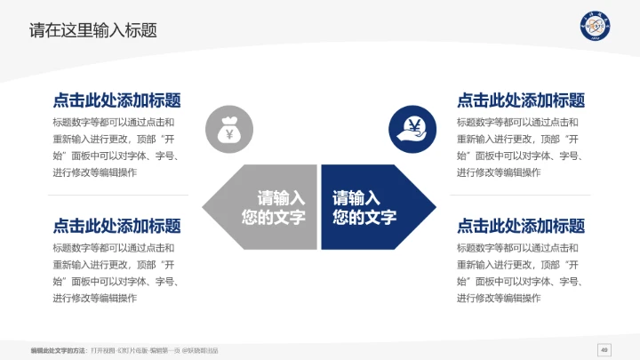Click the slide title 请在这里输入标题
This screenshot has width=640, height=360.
click(x=93, y=30)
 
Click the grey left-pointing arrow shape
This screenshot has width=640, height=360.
click(x=258, y=207)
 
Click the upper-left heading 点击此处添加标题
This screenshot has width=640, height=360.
click(x=116, y=100)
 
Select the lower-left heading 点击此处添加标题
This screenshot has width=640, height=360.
click(x=116, y=226)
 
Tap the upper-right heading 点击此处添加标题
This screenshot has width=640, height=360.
click(x=521, y=100)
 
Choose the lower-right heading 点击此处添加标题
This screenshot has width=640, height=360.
click(x=521, y=226)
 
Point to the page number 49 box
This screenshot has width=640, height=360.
click(x=604, y=348)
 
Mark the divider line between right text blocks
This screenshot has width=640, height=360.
click(x=521, y=195)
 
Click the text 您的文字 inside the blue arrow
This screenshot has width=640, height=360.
click(x=364, y=218)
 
